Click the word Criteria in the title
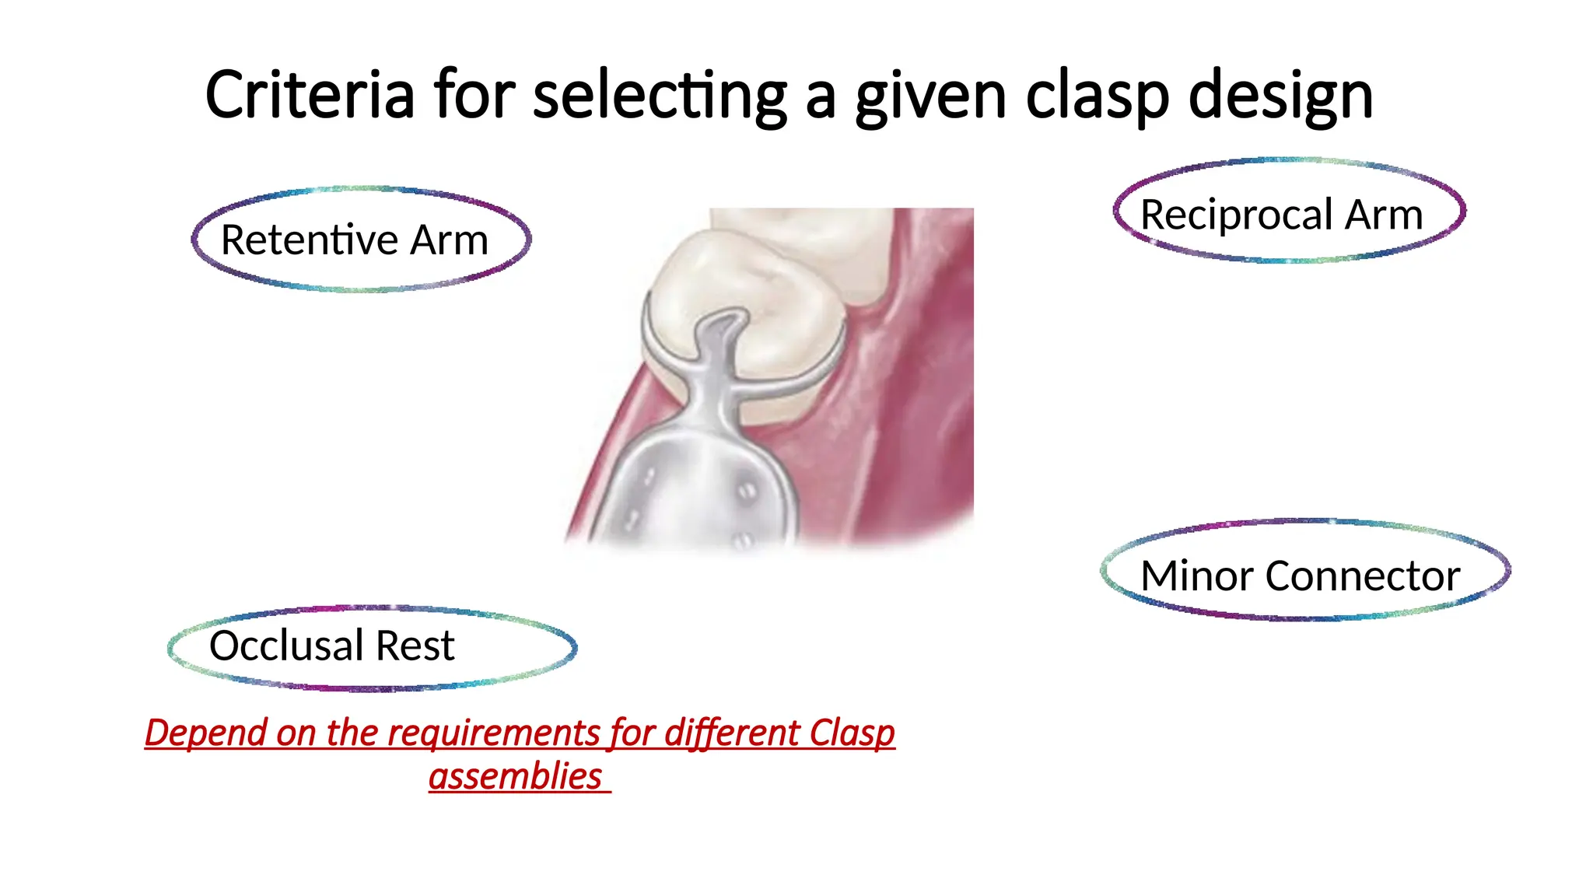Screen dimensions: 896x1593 tap(309, 95)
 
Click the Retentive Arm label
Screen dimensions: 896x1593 tap(355, 240)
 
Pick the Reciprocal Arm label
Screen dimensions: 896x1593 tap(1281, 215)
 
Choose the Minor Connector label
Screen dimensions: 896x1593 tap(1300, 576)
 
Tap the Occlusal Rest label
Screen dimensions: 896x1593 tap(332, 646)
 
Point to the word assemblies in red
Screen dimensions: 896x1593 tap(516, 776)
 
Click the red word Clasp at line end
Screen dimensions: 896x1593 tap(852, 733)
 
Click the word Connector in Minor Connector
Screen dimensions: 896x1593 tap(1362, 576)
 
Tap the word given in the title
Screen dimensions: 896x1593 tap(930, 96)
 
